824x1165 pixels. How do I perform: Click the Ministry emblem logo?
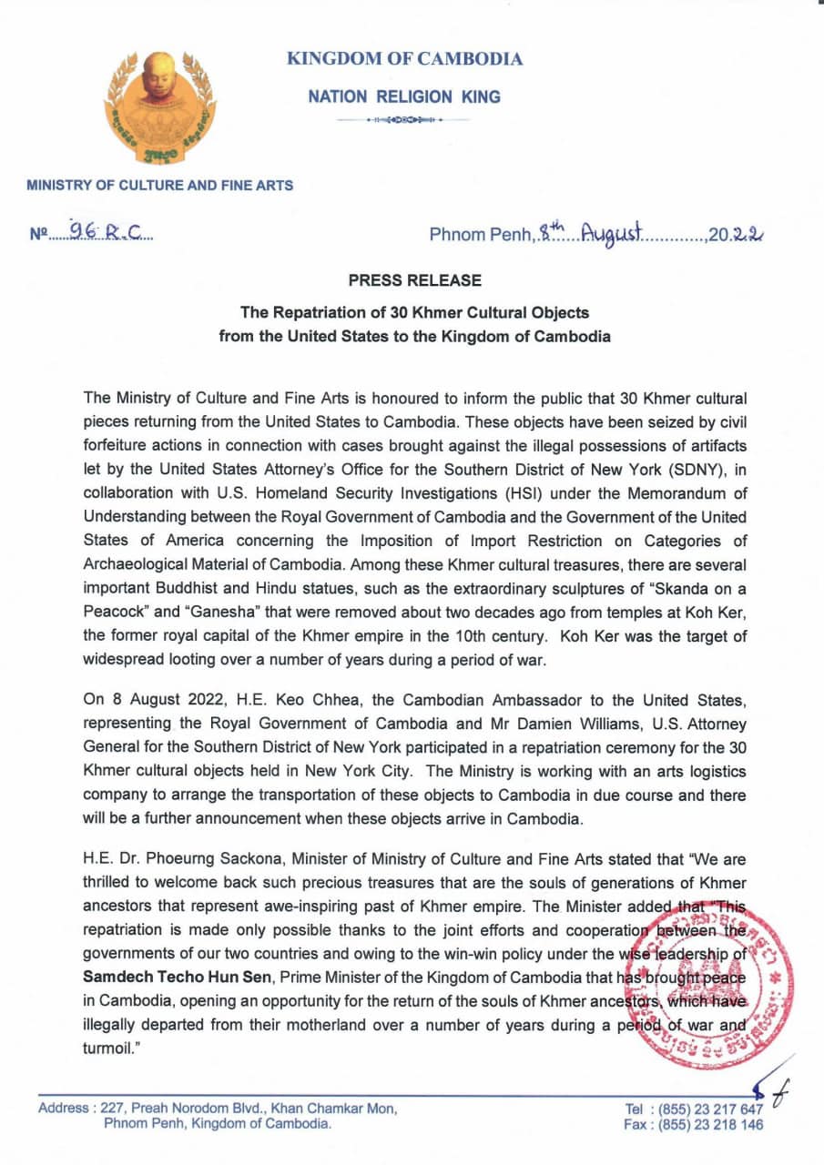click(160, 107)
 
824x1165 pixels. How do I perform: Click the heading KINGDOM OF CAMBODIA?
click(405, 59)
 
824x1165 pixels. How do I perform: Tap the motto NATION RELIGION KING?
click(404, 96)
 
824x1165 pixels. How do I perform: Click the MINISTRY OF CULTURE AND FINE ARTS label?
click(160, 185)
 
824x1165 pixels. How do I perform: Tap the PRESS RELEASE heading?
click(413, 281)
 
